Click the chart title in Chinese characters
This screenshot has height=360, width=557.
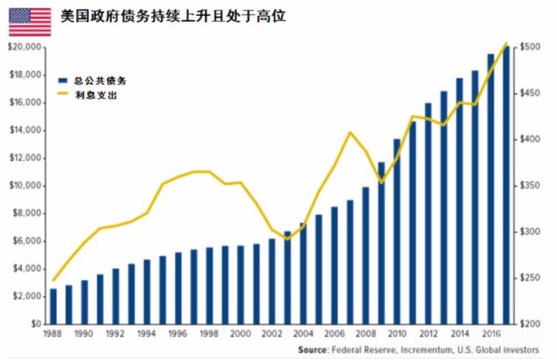(173, 17)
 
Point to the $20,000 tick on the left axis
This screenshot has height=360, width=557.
(25, 47)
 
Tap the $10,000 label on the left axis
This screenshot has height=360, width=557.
(25, 186)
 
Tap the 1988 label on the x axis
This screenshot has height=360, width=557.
(53, 334)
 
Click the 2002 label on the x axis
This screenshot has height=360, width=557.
(271, 334)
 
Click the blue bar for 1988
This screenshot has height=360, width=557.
(53, 306)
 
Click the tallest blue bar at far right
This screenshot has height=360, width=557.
(506, 185)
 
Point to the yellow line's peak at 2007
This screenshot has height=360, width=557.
(350, 132)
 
